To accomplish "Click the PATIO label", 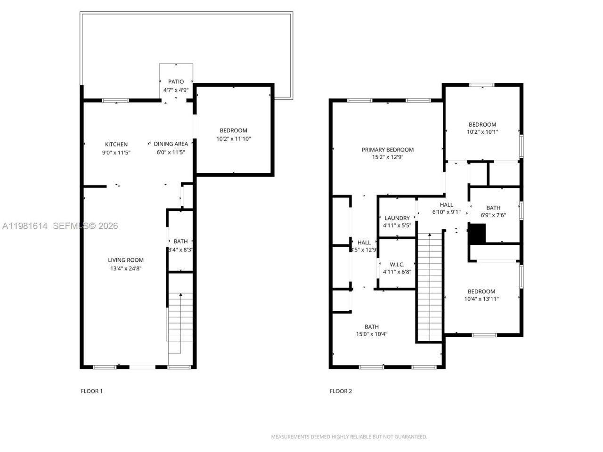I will pos(176,81).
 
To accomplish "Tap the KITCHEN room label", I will pos(116,144).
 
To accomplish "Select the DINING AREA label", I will pos(171,144).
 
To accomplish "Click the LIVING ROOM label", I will pos(126,260).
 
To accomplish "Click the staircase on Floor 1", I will pos(180,320).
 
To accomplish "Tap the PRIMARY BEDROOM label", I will pos(387,150).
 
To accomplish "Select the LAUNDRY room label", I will pos(397,218).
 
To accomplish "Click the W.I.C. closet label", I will pos(397,265).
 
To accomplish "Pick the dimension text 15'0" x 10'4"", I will pos(371,334).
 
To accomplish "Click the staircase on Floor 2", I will pos(430,287).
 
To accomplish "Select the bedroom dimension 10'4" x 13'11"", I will pos(481,299).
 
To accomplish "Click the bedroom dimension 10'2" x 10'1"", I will pos(482,132).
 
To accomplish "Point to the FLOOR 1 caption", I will pos(91,391).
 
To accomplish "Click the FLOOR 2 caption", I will pos(341,391).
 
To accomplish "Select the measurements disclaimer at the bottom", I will pos(349,437).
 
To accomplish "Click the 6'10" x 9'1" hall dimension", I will pos(446,212).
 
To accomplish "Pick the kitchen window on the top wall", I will pos(115,100).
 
